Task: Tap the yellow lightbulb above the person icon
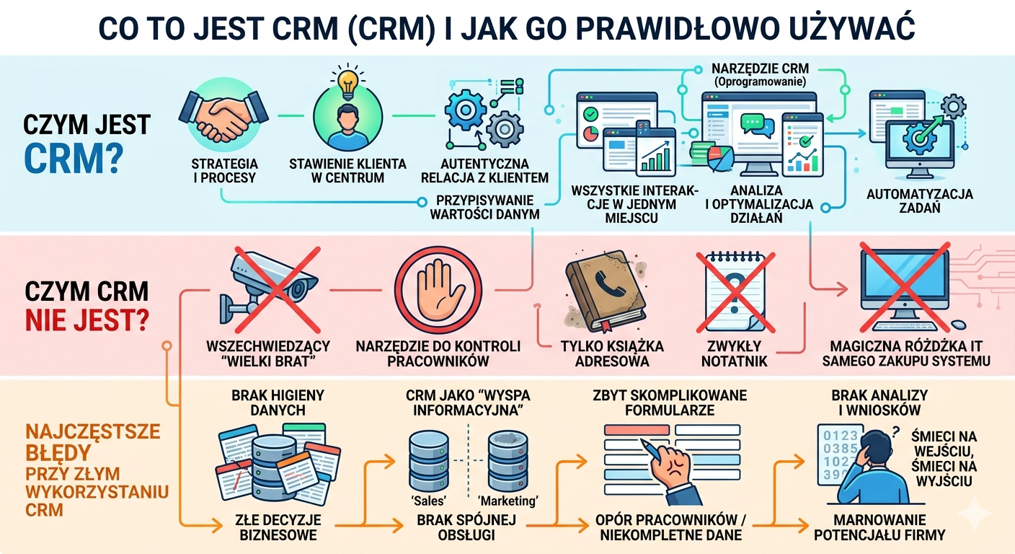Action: coord(347,82)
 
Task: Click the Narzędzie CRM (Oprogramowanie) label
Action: coord(760,74)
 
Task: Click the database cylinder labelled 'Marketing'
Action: coord(507,461)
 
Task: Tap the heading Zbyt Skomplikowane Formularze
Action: coord(670,403)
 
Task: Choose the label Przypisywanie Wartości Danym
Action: coord(484,207)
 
